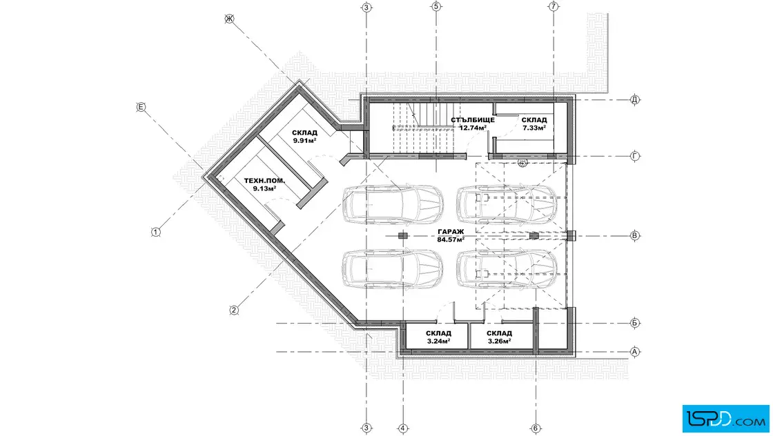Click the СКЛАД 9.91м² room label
click(x=304, y=137)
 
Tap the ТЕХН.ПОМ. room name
click(x=265, y=181)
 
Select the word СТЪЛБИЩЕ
click(x=473, y=120)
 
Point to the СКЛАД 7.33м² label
click(x=534, y=123)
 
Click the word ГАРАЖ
click(x=451, y=232)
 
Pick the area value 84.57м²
click(x=451, y=240)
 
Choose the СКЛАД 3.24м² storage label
click(x=438, y=337)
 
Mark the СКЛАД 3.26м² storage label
click(x=500, y=337)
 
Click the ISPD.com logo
click(x=725, y=419)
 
